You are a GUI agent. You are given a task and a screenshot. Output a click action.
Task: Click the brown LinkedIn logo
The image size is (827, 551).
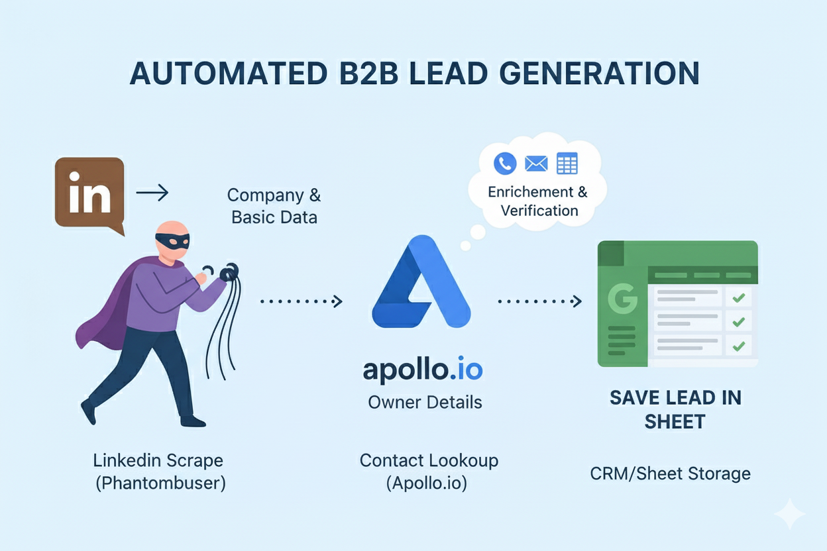(89, 193)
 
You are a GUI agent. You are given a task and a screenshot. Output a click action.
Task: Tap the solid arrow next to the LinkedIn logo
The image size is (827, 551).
(152, 193)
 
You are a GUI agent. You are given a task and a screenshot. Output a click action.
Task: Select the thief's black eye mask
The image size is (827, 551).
(172, 240)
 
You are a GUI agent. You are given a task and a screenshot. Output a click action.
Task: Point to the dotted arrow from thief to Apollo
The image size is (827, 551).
(302, 302)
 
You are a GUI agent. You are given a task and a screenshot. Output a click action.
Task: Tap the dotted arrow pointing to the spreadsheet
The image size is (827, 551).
(539, 302)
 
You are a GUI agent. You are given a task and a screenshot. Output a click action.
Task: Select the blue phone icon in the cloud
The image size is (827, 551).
(505, 163)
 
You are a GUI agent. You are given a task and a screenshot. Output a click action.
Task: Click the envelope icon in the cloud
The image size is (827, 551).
(535, 163)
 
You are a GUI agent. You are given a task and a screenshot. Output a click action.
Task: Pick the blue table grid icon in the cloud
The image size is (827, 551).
(567, 163)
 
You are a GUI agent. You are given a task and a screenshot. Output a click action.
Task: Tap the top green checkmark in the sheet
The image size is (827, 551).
(738, 298)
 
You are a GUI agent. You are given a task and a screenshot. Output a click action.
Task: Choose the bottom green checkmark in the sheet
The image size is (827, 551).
(738, 345)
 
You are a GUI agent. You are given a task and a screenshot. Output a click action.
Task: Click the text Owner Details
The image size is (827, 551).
(425, 402)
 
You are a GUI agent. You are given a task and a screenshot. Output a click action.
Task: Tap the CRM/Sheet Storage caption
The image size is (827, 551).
(670, 474)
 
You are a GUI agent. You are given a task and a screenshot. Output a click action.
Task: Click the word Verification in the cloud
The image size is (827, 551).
(539, 211)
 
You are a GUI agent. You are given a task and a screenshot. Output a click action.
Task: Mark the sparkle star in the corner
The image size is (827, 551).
(790, 515)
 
